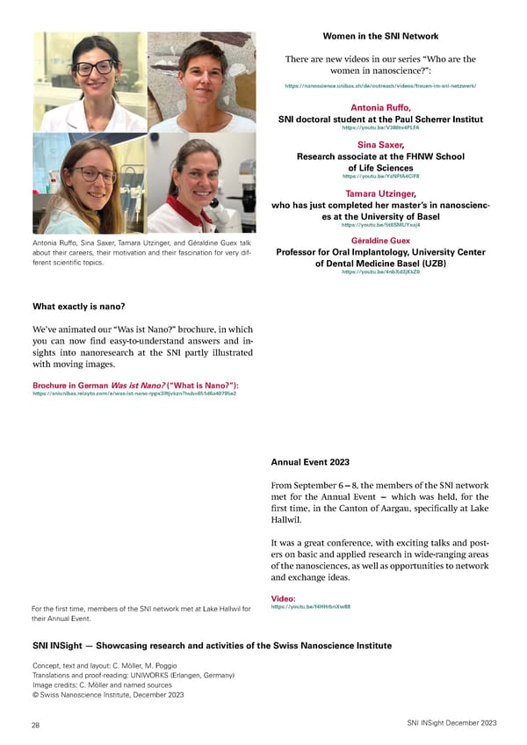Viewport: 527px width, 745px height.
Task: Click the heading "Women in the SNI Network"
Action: [x=380, y=37]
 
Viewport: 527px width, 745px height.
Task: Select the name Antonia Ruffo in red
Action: [x=380, y=107]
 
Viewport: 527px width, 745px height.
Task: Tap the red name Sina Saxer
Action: [x=380, y=144]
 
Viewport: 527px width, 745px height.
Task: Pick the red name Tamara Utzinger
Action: [x=380, y=193]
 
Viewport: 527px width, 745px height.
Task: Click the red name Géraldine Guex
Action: [x=380, y=240]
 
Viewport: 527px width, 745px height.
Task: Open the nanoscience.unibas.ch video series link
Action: [x=380, y=86]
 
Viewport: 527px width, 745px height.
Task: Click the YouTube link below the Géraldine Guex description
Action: [x=380, y=272]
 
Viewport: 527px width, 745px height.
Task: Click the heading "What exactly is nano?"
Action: [x=79, y=307]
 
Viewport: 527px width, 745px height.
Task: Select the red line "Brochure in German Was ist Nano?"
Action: [x=136, y=386]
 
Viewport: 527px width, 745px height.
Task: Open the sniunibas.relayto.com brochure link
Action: [x=134, y=394]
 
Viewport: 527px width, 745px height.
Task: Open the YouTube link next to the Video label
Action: [x=299, y=607]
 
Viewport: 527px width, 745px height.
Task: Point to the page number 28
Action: [x=36, y=723]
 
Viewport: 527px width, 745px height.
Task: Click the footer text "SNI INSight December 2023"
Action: [x=451, y=722]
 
